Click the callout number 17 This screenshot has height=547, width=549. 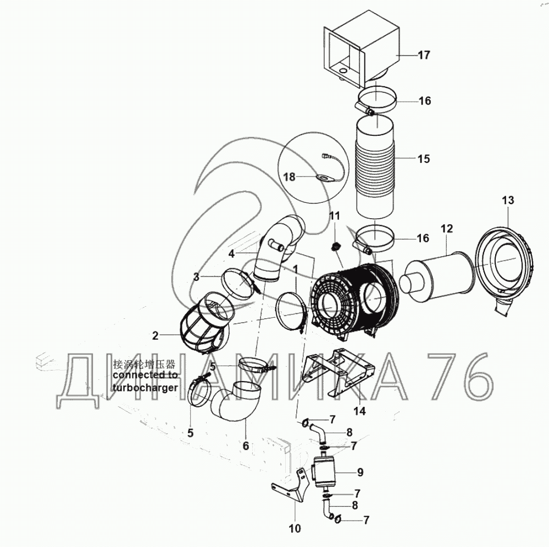point(424,55)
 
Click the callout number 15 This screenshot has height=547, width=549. point(424,159)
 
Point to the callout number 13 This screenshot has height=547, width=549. point(508,200)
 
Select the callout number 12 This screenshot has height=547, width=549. point(447,229)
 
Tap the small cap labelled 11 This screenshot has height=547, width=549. point(335,247)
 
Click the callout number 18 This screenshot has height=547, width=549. point(290,177)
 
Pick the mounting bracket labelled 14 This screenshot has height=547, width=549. point(338,373)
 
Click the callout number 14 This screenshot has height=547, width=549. point(359,411)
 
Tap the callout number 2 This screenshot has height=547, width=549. point(156,336)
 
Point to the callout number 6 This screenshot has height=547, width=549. point(246,446)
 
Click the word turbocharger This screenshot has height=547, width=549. point(145,388)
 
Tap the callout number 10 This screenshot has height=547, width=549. point(295,528)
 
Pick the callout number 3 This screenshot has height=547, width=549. point(196,277)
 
